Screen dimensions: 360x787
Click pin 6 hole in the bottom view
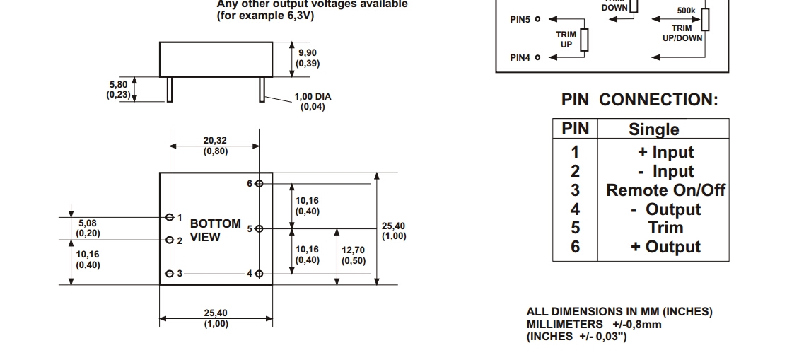coord(260,183)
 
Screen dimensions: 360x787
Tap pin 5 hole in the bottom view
coord(260,228)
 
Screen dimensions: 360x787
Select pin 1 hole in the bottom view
coord(170,217)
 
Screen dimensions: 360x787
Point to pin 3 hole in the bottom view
coord(170,274)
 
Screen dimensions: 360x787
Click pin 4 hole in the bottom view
coord(260,274)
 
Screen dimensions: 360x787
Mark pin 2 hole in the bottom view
coord(170,240)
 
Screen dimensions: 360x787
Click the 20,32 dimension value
coord(216,146)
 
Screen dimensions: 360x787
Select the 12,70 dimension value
coord(354,255)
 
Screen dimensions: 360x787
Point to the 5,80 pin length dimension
coord(117,89)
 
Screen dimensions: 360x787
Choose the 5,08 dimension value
coord(88,228)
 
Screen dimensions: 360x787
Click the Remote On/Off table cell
coord(665,190)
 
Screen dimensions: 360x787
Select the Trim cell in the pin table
coord(665,228)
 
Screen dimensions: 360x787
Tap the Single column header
coord(654,129)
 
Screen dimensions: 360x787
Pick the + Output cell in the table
coord(665,247)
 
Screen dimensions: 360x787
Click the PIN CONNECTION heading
coord(639,100)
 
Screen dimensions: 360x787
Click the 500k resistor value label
coord(687,11)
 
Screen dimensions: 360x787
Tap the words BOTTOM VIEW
coord(215,231)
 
